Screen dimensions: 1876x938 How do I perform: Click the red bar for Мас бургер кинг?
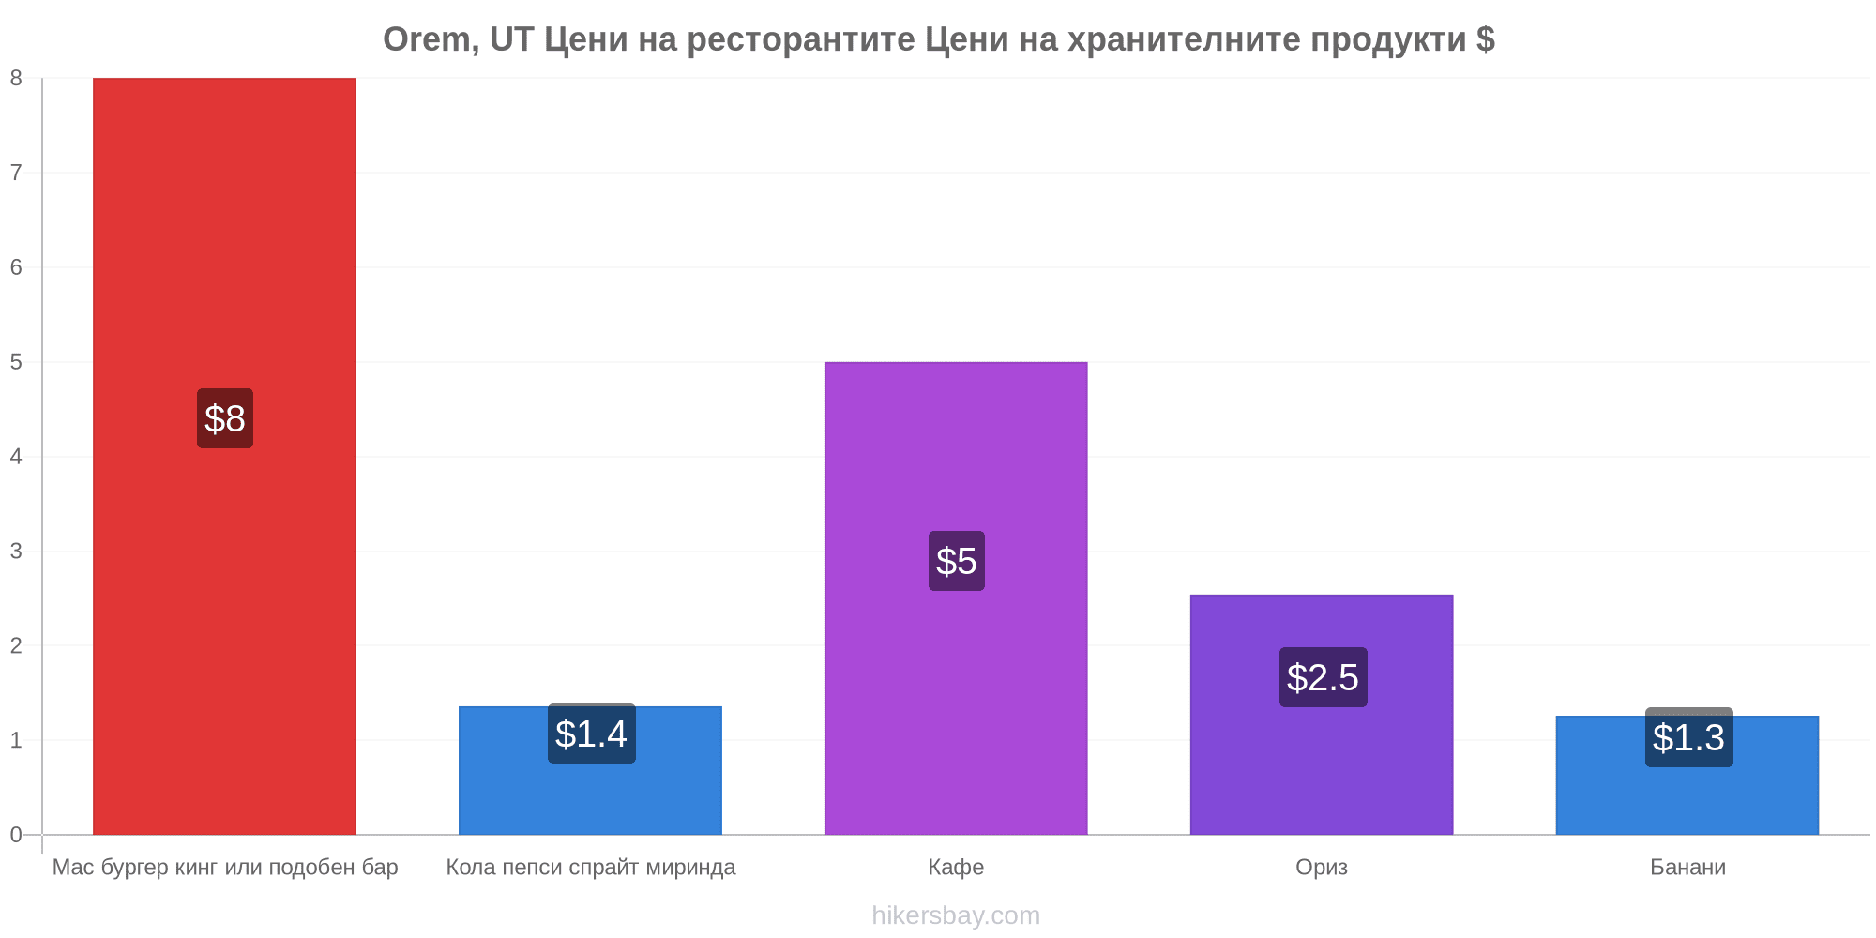pos(224,456)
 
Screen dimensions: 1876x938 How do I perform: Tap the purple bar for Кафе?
pos(956,598)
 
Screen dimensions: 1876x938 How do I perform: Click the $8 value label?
pos(225,418)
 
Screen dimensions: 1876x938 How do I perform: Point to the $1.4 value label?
pos(592,734)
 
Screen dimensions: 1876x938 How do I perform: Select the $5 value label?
pos(957,561)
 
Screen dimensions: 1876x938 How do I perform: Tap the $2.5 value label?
pos(1324,677)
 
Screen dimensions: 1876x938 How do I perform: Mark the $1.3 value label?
pos(1689,737)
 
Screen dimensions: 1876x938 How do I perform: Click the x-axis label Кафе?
pos(956,867)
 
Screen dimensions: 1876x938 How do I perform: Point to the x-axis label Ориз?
pos(1322,868)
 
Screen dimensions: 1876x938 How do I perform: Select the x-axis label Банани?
pos(1687,867)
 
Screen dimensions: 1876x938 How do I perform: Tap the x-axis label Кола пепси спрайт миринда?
pos(591,868)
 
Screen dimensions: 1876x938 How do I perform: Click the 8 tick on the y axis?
pos(16,78)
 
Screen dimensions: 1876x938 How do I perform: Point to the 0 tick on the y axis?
pos(16,835)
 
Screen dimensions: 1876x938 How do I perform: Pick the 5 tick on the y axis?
pos(16,362)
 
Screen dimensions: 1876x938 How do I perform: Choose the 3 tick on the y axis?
pos(16,551)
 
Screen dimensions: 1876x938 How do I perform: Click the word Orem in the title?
pos(429,39)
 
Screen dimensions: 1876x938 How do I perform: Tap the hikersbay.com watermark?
pos(956,915)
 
